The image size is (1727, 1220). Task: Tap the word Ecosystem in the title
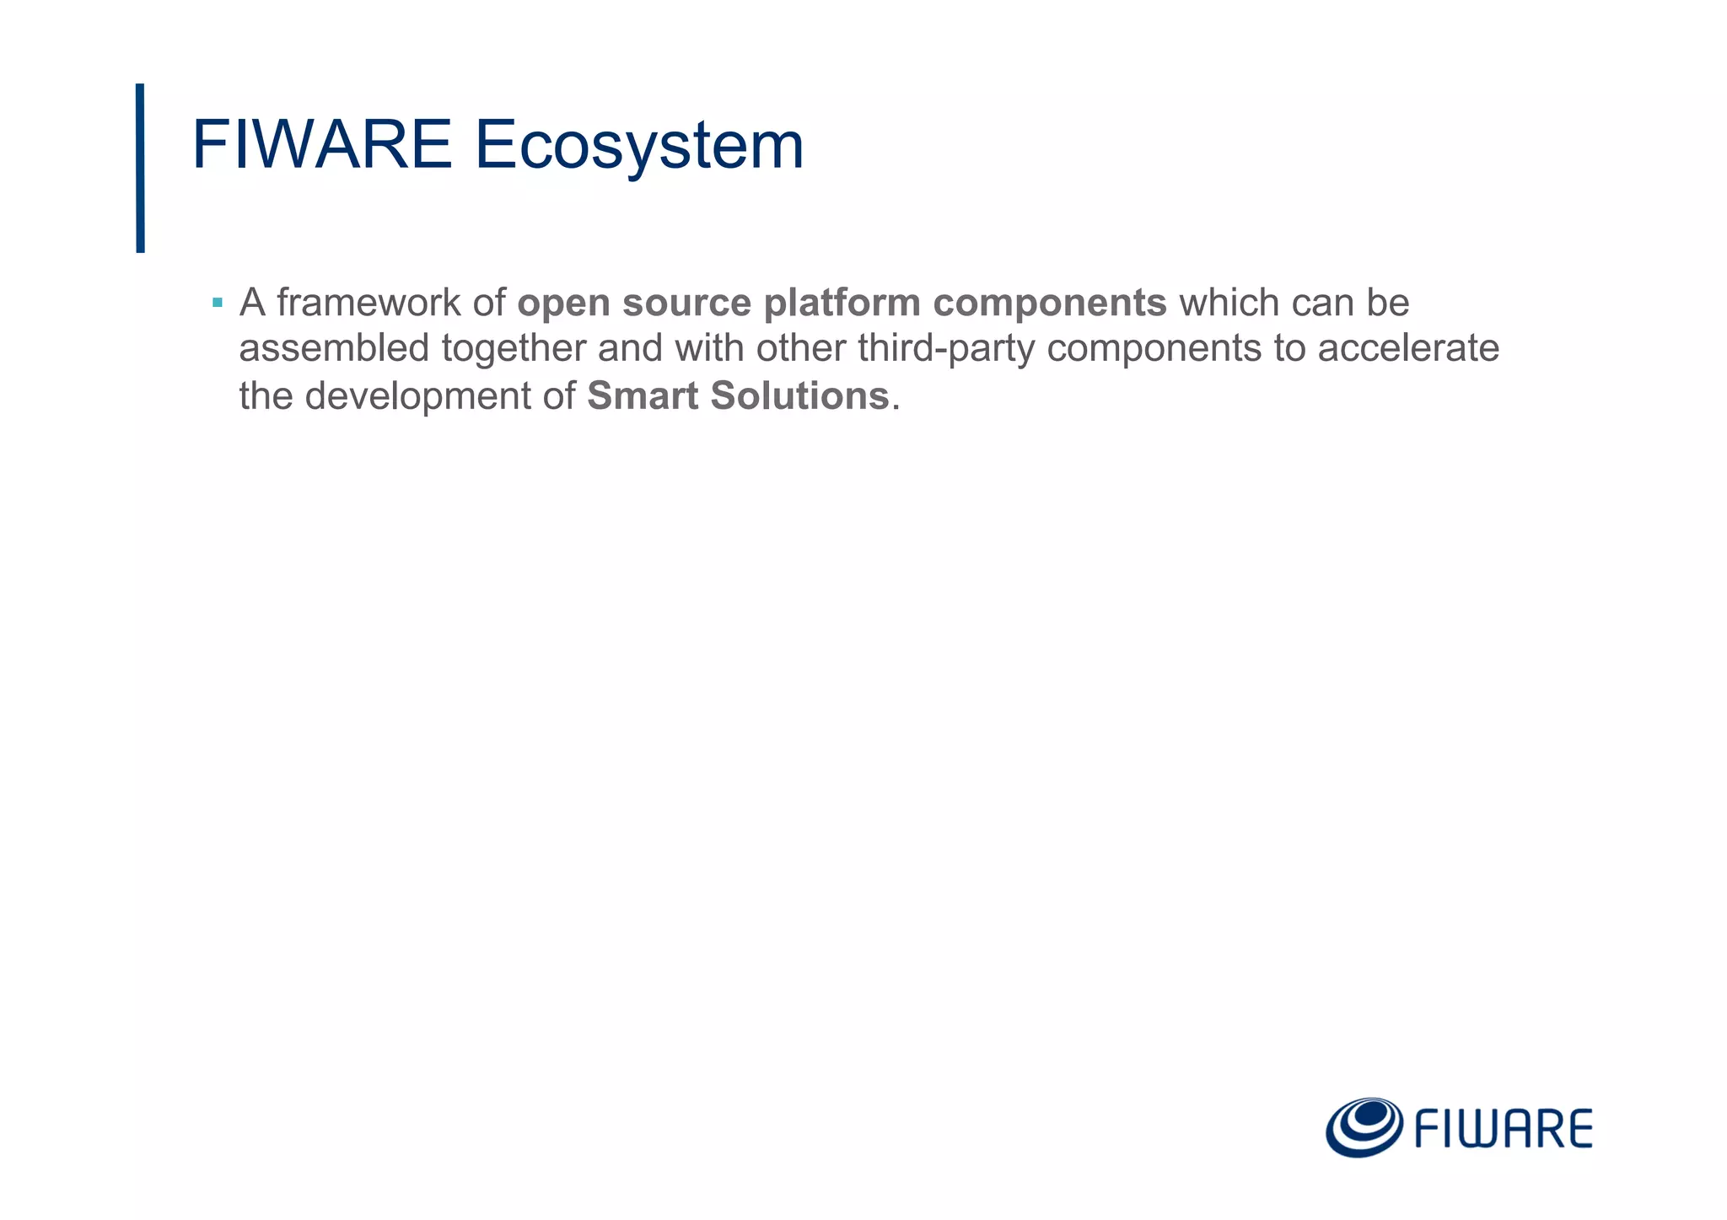tap(638, 145)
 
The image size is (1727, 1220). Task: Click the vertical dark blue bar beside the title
tap(140, 168)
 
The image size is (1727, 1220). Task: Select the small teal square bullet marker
tap(218, 302)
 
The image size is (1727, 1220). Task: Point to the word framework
tap(369, 303)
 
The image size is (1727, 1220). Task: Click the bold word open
tap(564, 304)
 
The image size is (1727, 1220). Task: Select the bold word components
tap(1049, 304)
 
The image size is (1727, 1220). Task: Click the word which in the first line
tap(1229, 303)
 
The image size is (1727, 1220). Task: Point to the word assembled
tap(334, 348)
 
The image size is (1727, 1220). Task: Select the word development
tap(417, 396)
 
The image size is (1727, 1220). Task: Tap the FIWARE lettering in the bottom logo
tap(1503, 1130)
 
